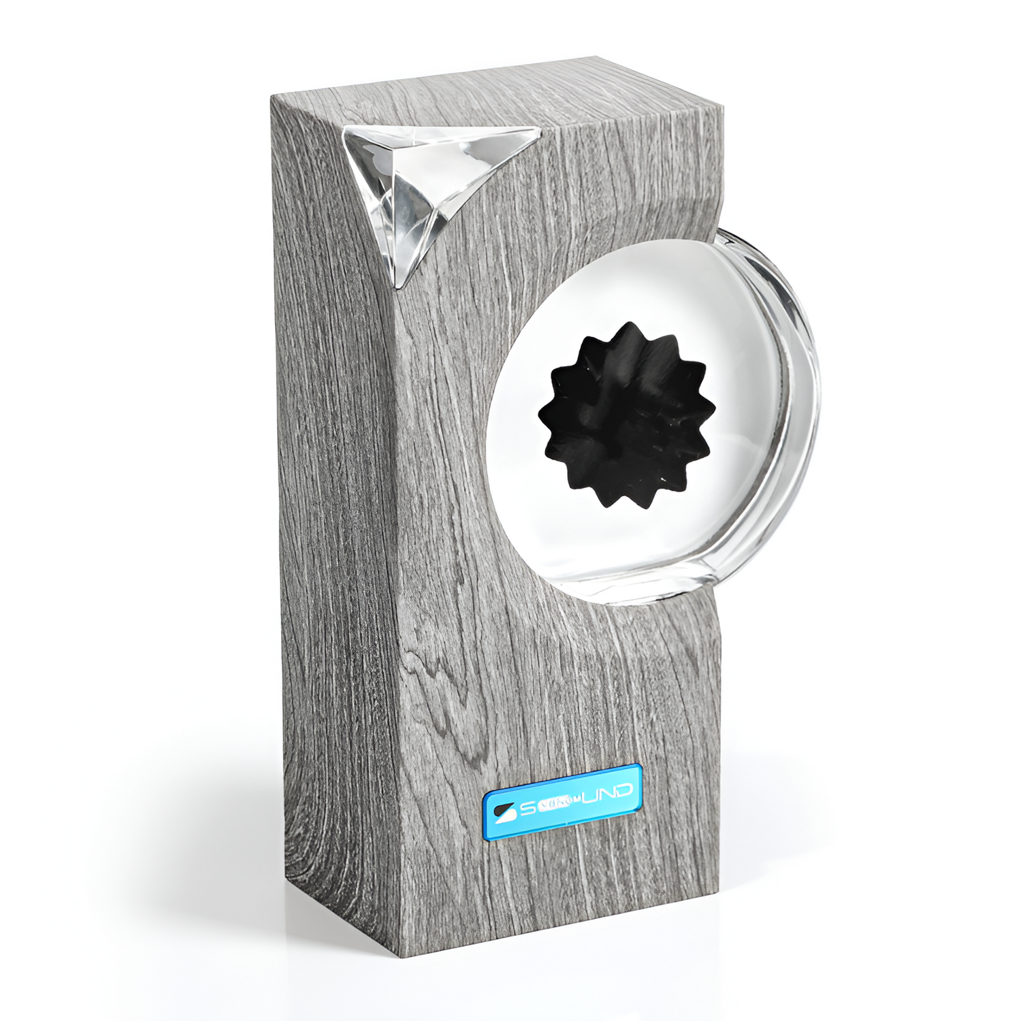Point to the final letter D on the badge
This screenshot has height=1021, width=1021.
click(622, 790)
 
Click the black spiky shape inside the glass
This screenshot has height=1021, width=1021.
click(627, 413)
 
